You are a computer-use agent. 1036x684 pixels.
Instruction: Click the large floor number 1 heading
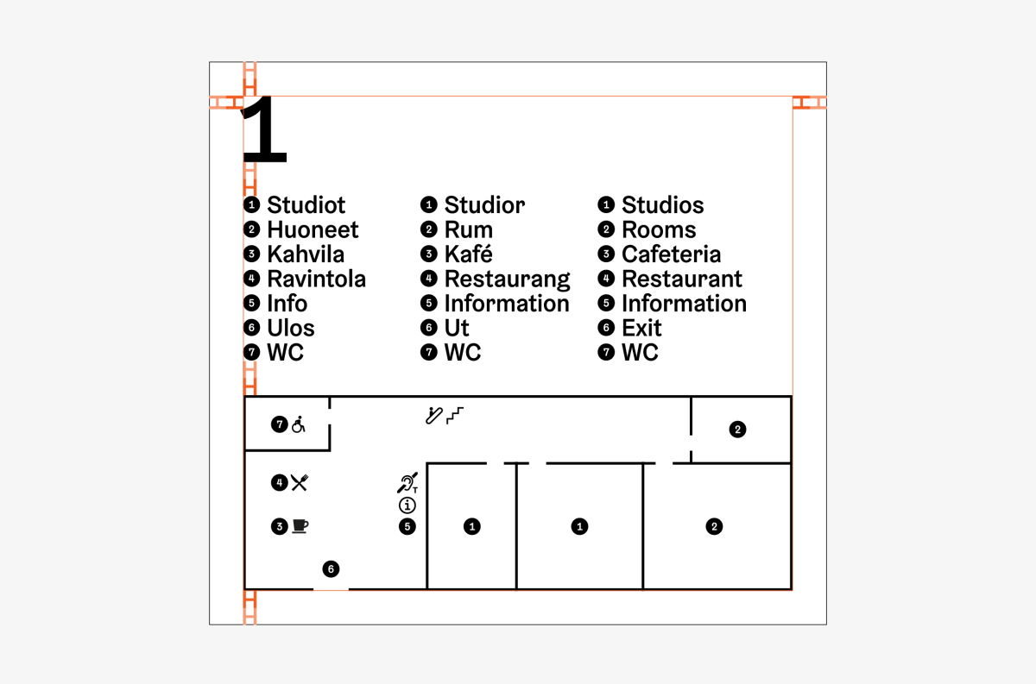click(264, 129)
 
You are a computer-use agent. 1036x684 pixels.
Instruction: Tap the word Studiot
click(306, 205)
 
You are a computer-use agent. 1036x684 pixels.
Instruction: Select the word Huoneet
click(313, 229)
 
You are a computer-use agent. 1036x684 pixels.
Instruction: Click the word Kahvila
click(306, 254)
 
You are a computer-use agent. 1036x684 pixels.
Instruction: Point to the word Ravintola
click(316, 279)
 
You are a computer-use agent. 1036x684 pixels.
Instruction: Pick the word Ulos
click(291, 328)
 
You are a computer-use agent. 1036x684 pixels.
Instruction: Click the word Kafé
click(469, 254)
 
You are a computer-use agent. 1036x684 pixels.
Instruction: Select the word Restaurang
click(508, 280)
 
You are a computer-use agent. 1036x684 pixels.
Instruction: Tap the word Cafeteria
click(671, 254)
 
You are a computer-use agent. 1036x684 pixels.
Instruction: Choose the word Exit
click(641, 328)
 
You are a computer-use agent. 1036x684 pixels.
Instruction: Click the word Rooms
click(659, 229)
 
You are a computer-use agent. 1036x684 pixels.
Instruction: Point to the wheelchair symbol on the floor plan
click(299, 424)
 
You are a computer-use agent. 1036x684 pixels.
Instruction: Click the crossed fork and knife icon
click(300, 482)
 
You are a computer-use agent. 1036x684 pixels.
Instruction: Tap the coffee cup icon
click(300, 526)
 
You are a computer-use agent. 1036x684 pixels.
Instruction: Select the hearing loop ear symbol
click(407, 483)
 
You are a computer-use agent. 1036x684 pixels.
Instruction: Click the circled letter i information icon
click(407, 505)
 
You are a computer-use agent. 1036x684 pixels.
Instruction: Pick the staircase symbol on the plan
click(455, 416)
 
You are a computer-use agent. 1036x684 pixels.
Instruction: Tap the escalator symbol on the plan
click(433, 416)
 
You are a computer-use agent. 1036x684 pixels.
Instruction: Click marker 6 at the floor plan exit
click(331, 569)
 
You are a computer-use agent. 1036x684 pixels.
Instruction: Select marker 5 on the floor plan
click(407, 526)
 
